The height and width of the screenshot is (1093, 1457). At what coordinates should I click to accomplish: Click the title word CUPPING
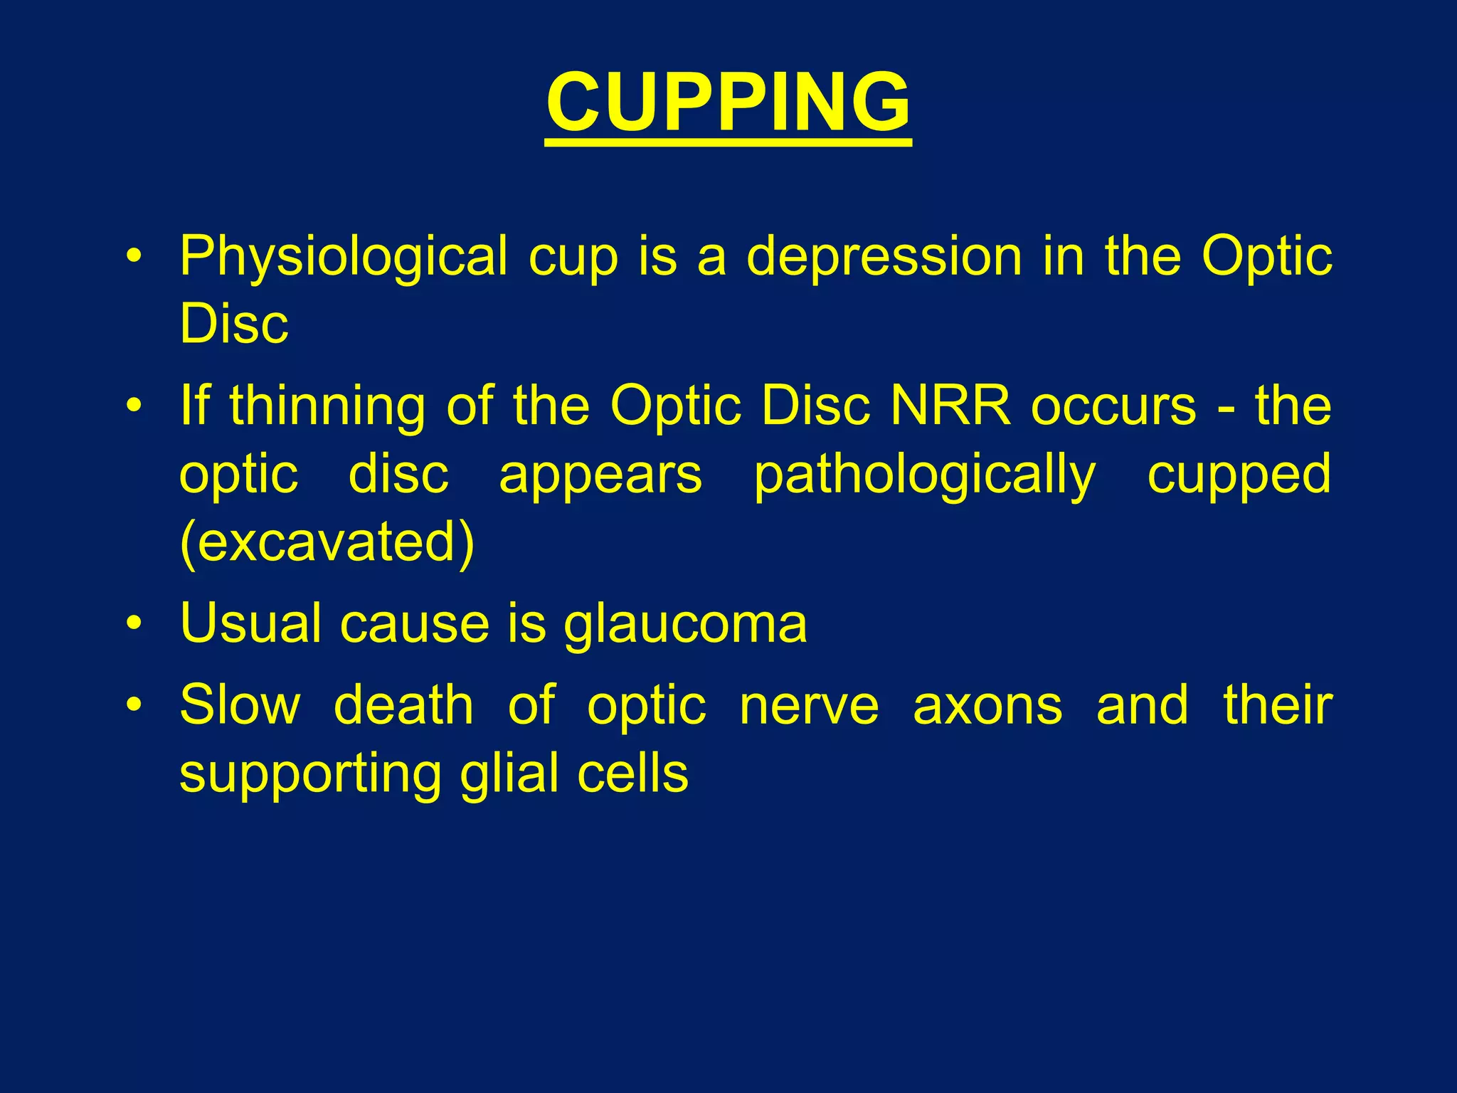coord(728,103)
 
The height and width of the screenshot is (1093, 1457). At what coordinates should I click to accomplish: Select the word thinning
coord(327,406)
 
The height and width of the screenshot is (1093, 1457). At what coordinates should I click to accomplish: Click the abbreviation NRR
coord(950,406)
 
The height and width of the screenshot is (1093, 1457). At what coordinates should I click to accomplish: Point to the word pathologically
coord(924,476)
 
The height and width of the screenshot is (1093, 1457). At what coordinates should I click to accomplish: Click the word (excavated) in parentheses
coord(327,543)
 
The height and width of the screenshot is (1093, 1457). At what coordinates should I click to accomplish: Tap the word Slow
coord(240,705)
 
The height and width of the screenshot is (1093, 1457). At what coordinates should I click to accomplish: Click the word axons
coord(987,705)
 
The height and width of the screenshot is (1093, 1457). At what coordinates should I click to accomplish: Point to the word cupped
coord(1239,476)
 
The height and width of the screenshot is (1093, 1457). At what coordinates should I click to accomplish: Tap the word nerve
coord(809,707)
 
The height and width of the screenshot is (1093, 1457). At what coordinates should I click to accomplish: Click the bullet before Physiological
coord(134,257)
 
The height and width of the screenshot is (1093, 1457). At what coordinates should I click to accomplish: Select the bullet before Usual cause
coord(134,624)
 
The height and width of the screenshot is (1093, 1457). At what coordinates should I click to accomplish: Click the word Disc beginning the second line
coord(234,324)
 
